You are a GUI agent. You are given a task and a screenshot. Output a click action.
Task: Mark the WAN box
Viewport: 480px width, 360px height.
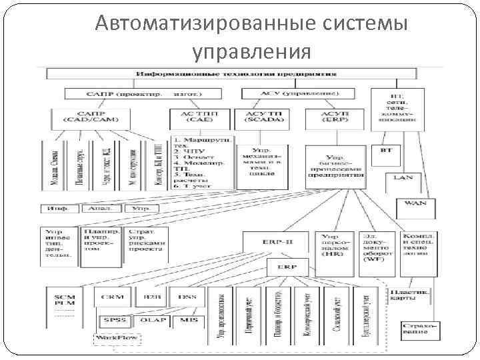(416, 202)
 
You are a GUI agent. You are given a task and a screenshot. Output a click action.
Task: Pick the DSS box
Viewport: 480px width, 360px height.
(182, 296)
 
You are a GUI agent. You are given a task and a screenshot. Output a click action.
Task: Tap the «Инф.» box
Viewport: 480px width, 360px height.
(59, 208)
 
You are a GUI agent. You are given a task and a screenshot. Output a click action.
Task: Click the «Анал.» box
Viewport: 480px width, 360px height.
(101, 208)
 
